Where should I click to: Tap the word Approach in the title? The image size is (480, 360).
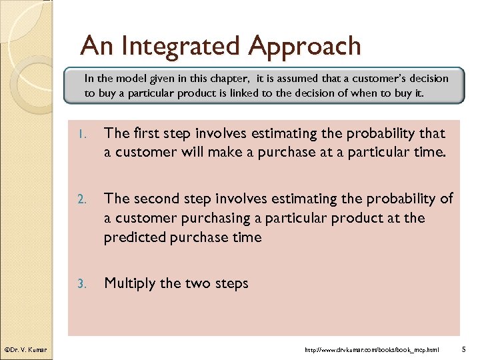click(305, 46)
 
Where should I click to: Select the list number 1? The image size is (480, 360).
click(81, 134)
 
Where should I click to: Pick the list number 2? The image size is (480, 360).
click(81, 199)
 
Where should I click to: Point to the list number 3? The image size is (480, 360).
click(81, 284)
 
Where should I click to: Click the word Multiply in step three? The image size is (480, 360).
click(131, 283)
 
